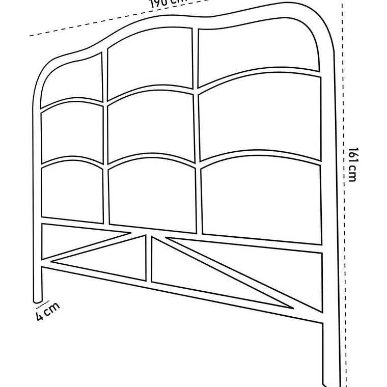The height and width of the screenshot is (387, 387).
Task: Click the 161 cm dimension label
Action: point(352,164)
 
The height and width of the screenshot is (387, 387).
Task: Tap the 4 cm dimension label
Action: point(47,311)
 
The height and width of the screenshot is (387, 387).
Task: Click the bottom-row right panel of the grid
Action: point(261,196)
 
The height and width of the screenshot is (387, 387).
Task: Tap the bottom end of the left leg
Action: point(37,298)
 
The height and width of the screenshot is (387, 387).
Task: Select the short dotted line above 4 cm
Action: point(43,305)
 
